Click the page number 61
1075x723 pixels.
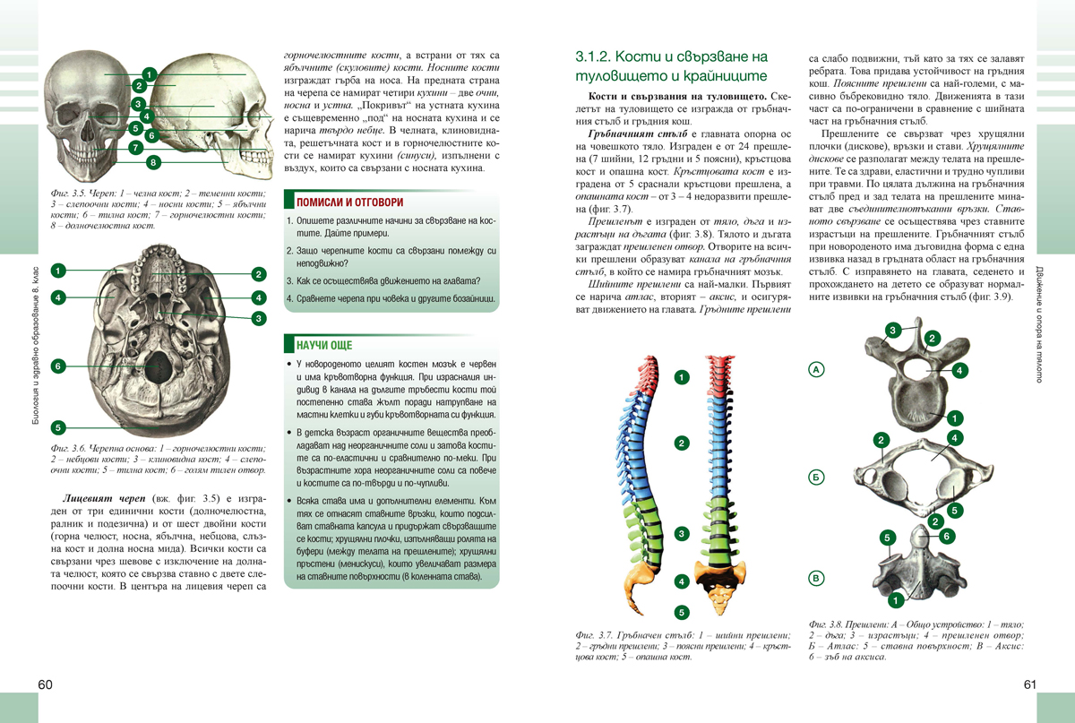coord(1029,685)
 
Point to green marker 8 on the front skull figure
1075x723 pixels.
coord(154,162)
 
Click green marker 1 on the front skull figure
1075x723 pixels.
coord(149,74)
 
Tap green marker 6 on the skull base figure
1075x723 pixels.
coord(56,366)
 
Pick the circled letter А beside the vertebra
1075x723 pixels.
coord(815,369)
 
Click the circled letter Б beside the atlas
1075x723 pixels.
coord(815,476)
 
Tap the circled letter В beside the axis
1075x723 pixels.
coord(815,578)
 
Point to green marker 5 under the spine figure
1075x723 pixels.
coord(682,613)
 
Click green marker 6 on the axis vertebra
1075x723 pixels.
coord(946,536)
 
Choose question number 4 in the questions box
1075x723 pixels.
coord(290,298)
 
